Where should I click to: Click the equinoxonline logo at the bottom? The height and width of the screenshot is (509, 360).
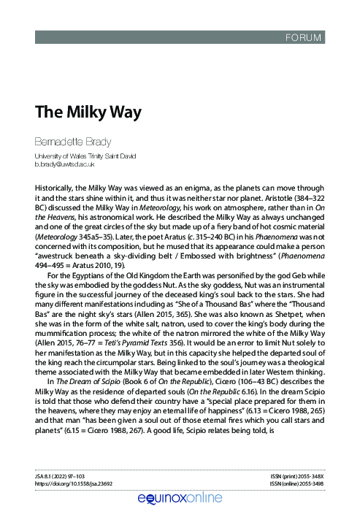pos(179,497)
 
